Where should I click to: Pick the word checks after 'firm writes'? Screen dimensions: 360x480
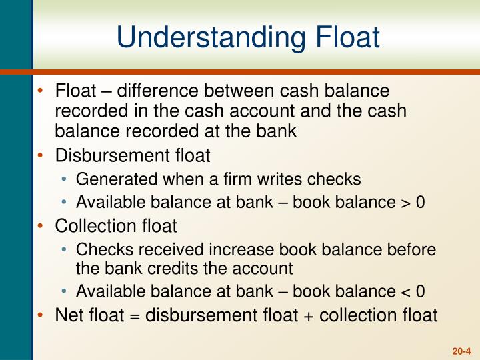pyautogui.click(x=336, y=179)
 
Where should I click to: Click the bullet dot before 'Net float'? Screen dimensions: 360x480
pyautogui.click(x=43, y=315)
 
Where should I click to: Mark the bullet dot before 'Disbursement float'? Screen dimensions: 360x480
pyautogui.click(x=43, y=155)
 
